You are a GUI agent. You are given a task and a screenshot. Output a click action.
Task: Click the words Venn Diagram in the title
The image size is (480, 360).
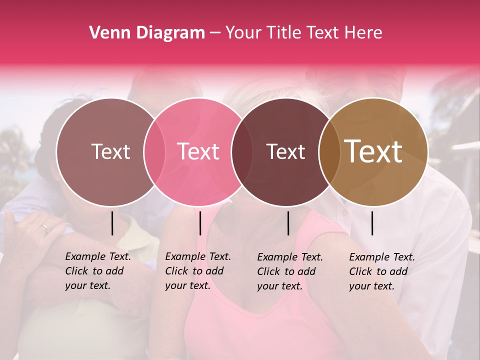point(147,33)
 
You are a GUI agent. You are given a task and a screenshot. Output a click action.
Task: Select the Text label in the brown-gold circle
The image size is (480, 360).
point(373,151)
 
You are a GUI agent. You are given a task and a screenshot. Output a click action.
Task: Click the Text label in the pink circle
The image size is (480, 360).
point(198,151)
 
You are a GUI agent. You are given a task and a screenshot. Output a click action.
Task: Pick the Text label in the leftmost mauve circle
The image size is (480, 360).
point(110,151)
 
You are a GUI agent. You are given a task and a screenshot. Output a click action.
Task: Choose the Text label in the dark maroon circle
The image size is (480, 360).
point(285,151)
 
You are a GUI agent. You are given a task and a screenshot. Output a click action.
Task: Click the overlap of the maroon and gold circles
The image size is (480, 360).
point(325,152)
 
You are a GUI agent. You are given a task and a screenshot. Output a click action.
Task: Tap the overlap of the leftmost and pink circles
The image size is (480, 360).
point(154,152)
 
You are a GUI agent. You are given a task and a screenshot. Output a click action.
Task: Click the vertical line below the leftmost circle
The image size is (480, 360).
point(112,223)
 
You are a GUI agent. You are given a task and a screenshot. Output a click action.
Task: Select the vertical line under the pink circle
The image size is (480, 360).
point(200,223)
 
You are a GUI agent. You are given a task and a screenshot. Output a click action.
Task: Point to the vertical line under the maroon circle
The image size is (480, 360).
point(288,223)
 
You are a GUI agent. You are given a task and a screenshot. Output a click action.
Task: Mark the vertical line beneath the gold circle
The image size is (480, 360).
point(372,223)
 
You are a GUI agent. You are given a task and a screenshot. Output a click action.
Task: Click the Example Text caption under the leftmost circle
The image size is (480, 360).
point(98,271)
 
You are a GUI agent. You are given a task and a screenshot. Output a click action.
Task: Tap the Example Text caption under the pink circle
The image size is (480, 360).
point(198,271)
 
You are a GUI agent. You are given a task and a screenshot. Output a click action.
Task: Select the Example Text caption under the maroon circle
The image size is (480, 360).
point(290,271)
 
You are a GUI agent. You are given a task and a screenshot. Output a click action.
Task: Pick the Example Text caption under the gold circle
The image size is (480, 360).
point(382,271)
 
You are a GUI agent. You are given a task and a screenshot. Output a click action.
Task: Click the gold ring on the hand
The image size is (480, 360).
point(45,228)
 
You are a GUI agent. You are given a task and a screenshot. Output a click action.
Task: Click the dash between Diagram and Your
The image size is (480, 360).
point(215,33)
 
